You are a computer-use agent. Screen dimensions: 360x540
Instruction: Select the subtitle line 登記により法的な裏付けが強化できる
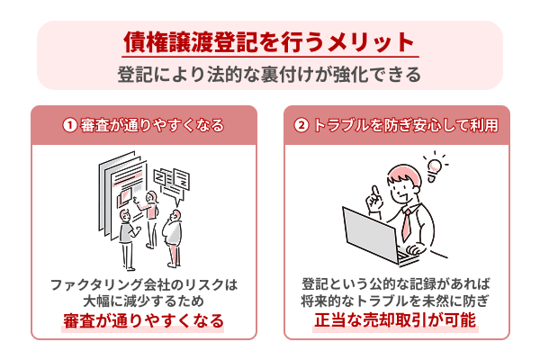[x=269, y=74]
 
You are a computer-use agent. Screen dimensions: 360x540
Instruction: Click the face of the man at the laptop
[x=402, y=187]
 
